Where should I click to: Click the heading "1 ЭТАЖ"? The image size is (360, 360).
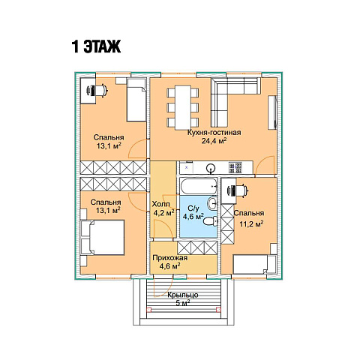point(96,46)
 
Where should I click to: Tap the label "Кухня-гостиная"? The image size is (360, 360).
point(214,132)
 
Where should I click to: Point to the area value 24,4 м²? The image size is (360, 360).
point(214,141)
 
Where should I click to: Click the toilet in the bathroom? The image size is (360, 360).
point(211,221)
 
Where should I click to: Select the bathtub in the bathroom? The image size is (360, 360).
point(199,186)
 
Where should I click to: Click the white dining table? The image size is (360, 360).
point(183,107)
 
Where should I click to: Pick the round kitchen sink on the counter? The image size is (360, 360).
point(211,168)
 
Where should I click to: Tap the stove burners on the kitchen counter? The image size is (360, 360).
point(235,168)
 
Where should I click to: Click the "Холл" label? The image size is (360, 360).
point(161,204)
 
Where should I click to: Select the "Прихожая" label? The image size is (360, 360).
point(170,258)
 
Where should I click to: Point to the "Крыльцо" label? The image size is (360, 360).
point(183,295)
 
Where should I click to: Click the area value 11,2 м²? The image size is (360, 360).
point(251,223)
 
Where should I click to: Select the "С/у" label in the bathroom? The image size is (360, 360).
point(193,208)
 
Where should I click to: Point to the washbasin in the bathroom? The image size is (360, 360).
point(212,203)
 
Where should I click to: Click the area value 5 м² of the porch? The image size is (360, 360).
point(183,304)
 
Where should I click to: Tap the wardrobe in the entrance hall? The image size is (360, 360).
point(197,247)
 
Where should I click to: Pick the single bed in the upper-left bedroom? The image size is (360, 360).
point(136,100)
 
